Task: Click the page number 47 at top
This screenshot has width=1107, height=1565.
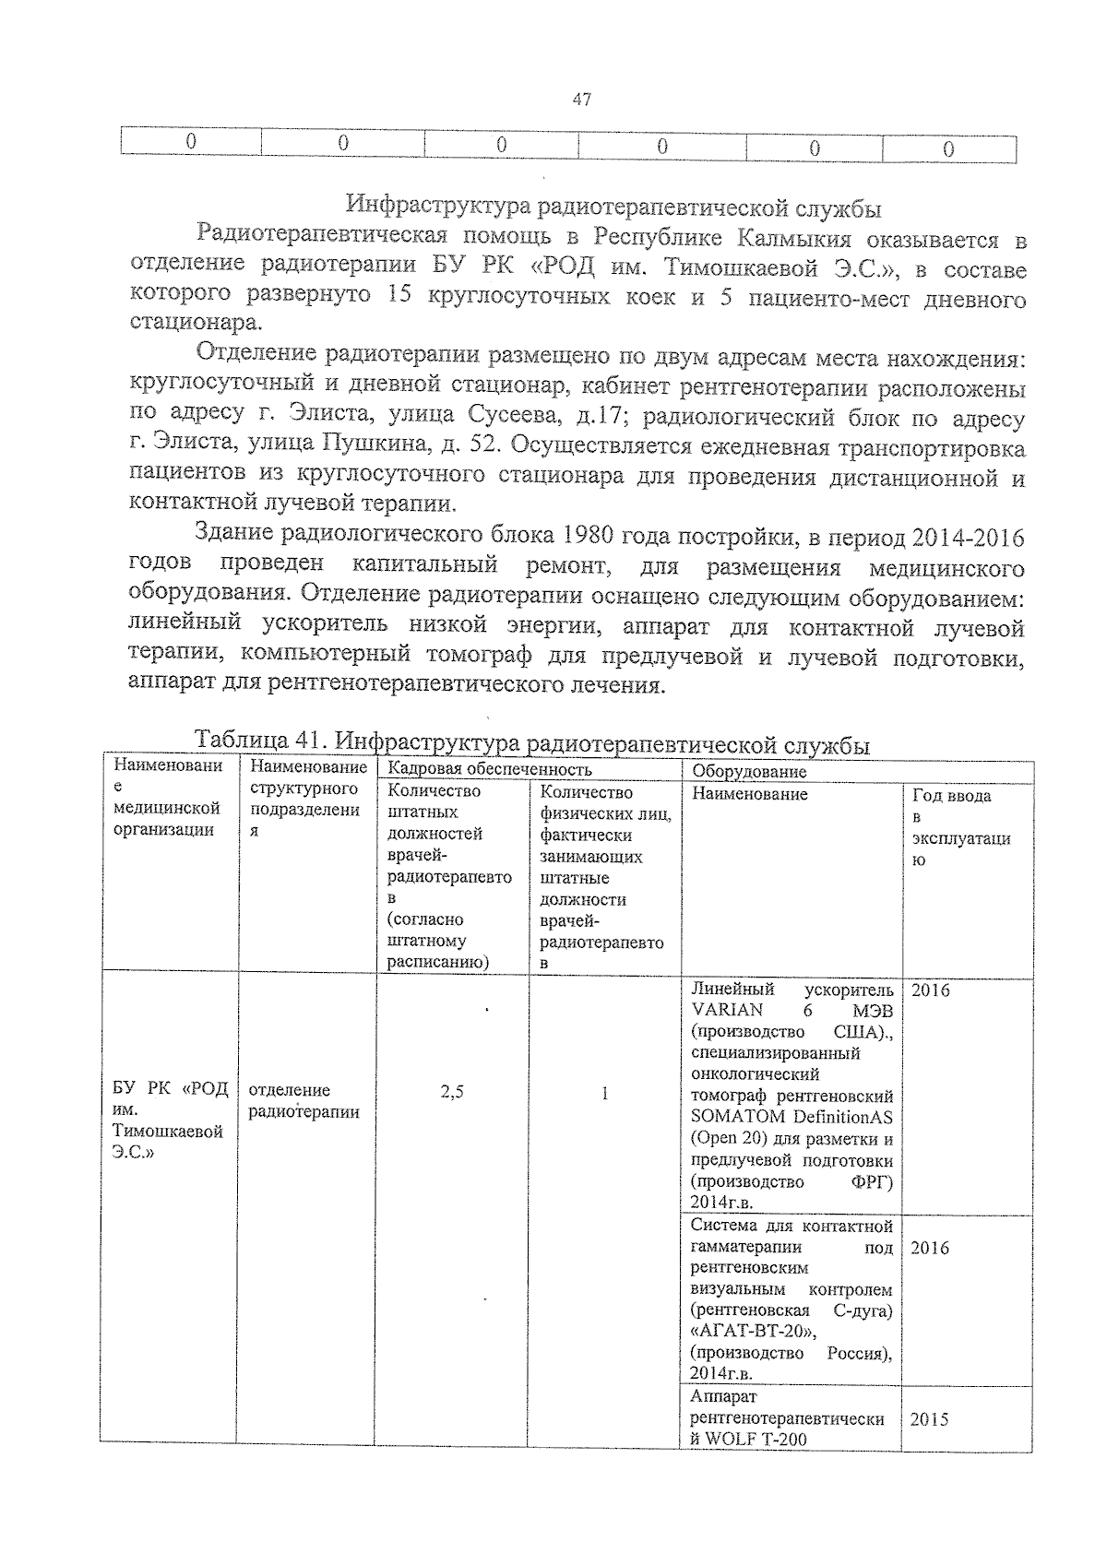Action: point(581,100)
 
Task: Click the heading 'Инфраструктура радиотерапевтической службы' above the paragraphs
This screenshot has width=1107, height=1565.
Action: point(613,207)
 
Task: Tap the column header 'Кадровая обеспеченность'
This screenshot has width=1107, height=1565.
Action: point(490,769)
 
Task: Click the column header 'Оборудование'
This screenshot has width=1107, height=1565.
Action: point(749,771)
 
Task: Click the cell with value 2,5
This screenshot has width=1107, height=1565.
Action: point(452,1093)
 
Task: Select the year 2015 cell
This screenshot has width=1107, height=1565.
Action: point(929,1419)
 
